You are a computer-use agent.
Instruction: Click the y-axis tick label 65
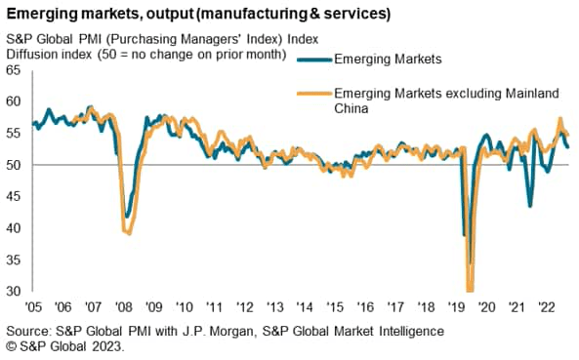pyautogui.click(x=14, y=71)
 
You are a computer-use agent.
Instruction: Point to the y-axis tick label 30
pyautogui.click(x=14, y=292)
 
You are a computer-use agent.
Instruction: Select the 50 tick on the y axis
pyautogui.click(x=14, y=166)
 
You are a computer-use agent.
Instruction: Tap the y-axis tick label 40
pyautogui.click(x=14, y=228)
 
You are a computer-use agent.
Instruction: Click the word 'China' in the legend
pyautogui.click(x=354, y=110)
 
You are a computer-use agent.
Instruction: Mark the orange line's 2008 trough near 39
pyautogui.click(x=127, y=231)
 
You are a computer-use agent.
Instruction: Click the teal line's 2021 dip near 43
pyautogui.click(x=530, y=206)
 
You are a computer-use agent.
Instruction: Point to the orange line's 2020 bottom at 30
pyautogui.click(x=471, y=290)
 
